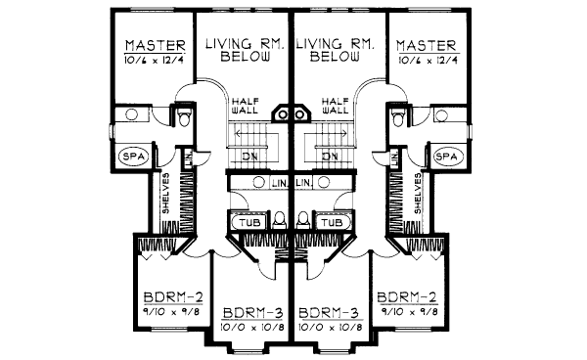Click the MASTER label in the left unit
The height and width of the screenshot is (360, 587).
click(151, 46)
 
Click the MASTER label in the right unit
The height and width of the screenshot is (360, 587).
click(427, 46)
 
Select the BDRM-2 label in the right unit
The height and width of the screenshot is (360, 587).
click(405, 297)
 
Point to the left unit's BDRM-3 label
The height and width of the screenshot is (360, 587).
click(251, 313)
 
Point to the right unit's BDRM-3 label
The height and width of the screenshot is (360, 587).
click(330, 313)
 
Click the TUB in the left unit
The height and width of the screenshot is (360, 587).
click(248, 222)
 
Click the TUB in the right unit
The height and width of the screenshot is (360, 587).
click(331, 222)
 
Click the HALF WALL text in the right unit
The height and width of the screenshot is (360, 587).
click(335, 106)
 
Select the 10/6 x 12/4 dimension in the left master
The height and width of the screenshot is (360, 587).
click(151, 62)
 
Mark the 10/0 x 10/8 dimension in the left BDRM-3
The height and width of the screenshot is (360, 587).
click(251, 327)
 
